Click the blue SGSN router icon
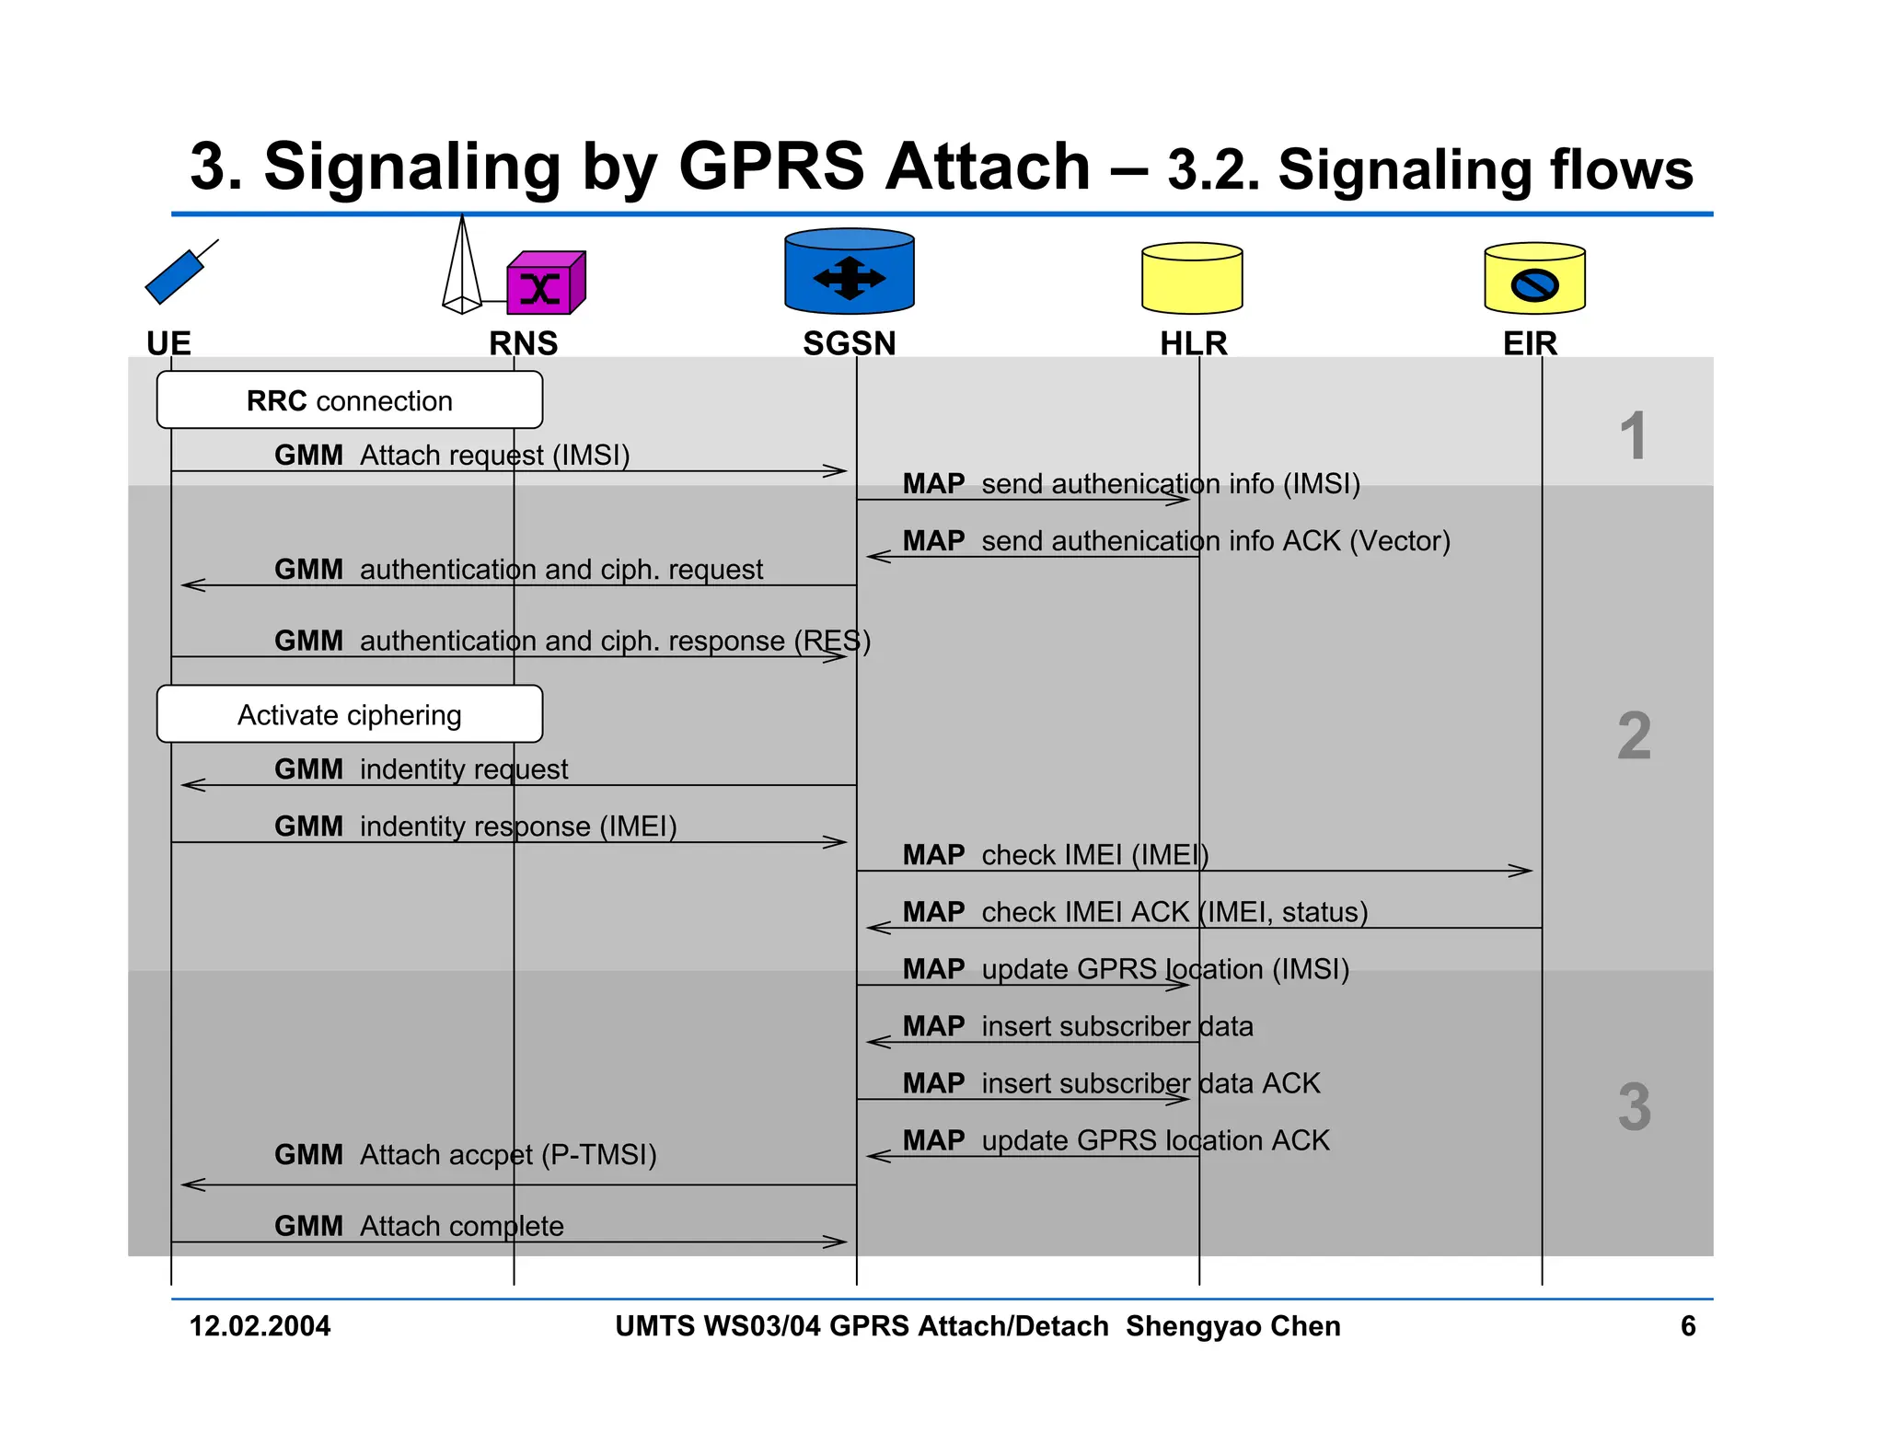[x=849, y=272]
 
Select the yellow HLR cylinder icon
[x=1192, y=278]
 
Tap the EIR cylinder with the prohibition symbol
[x=1534, y=279]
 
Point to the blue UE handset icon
[x=178, y=274]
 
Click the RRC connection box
[x=349, y=400]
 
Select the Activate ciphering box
[x=349, y=714]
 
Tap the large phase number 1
[x=1633, y=435]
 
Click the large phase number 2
[x=1634, y=736]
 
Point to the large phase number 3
[x=1634, y=1106]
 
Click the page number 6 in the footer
[x=1687, y=1326]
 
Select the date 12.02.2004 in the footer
[x=260, y=1326]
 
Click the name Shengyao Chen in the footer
[x=1232, y=1326]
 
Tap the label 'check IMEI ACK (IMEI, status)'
[x=1174, y=912]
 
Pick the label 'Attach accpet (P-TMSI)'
[x=508, y=1154]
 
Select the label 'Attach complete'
[x=461, y=1226]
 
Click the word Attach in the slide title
[x=987, y=168]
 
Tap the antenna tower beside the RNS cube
[x=462, y=267]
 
